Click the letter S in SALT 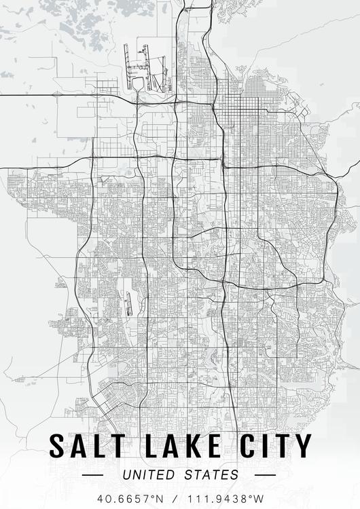click(58, 446)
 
